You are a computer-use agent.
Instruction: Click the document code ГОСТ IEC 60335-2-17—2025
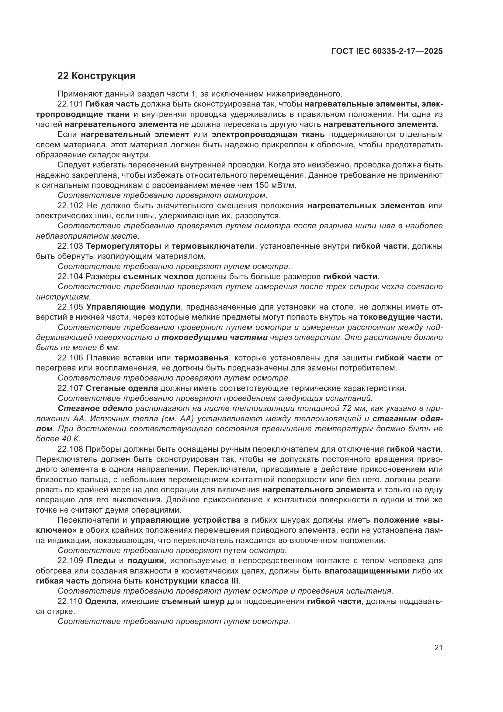click(387, 51)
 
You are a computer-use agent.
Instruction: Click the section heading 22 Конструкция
click(96, 76)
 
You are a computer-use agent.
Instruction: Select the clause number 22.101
click(70, 104)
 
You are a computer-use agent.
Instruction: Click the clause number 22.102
click(70, 205)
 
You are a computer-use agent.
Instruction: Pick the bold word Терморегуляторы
click(123, 246)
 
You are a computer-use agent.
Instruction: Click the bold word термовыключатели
click(213, 246)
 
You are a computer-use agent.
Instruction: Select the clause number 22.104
click(70, 276)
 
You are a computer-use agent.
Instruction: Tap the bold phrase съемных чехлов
click(158, 276)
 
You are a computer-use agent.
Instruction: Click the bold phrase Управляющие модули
click(134, 307)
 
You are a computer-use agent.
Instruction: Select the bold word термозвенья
click(201, 358)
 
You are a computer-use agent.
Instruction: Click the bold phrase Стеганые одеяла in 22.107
click(122, 388)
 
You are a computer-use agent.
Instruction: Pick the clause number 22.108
click(70, 449)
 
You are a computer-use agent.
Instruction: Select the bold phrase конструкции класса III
click(192, 581)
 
